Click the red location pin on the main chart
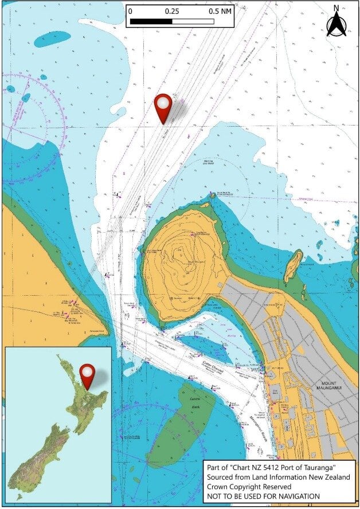click(x=164, y=107)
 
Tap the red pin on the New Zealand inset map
click(x=87, y=375)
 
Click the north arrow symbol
click(x=336, y=24)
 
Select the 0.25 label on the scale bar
click(x=171, y=11)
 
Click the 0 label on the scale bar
click(x=131, y=11)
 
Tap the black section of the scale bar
click(x=151, y=21)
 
